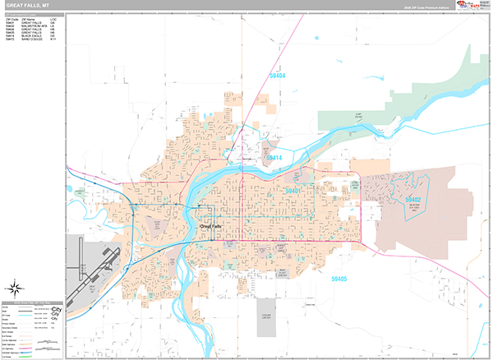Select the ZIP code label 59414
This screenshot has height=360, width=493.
273,157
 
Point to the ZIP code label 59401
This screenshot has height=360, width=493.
293,190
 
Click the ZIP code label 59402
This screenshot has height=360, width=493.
411,200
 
